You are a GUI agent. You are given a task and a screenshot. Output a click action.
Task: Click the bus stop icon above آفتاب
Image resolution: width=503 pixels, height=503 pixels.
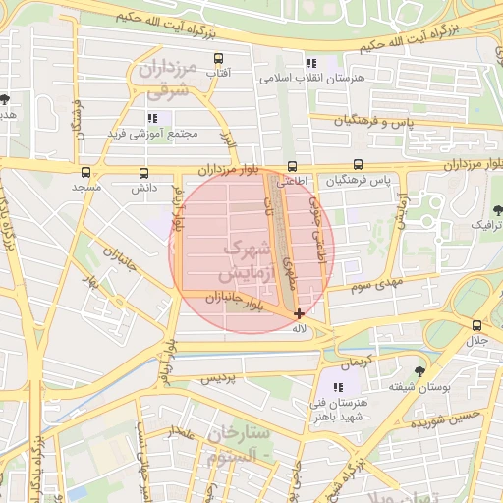coord(217,58)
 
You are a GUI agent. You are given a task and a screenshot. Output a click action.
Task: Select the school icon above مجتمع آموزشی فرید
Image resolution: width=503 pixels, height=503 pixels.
coord(152,118)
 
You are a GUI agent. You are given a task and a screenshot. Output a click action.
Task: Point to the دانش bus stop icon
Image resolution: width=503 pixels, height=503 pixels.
coord(144,172)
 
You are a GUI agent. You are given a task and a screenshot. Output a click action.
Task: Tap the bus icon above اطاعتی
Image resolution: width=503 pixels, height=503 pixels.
coord(291,167)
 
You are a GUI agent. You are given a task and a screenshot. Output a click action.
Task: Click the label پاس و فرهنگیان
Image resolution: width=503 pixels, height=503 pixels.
coord(372,120)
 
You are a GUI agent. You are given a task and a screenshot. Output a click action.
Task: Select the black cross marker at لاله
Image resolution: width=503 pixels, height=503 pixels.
coord(299,314)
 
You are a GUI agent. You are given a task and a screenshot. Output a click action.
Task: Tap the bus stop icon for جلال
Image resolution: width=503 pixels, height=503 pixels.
coord(476,325)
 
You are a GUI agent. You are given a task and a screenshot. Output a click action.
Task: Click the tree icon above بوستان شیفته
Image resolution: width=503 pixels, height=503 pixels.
coord(420,372)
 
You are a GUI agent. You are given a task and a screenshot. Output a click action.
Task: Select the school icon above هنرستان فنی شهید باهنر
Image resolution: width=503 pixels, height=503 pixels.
coord(338,388)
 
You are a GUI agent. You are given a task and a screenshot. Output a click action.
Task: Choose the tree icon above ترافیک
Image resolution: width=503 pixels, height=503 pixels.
coord(497,209)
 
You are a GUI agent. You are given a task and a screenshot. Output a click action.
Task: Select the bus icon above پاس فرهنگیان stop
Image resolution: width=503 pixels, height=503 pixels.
coord(358,166)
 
